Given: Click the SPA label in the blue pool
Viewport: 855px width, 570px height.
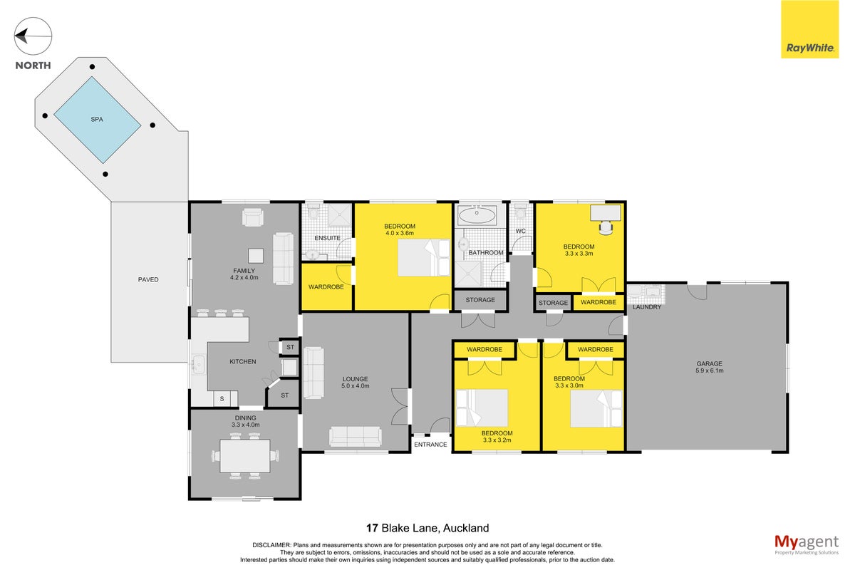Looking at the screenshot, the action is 97,120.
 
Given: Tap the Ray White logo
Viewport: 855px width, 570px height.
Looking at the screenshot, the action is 809,29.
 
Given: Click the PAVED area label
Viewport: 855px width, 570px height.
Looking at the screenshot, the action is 148,279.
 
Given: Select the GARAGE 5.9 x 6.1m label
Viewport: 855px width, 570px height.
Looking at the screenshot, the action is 709,367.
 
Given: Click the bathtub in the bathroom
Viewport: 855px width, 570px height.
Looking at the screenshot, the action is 477,216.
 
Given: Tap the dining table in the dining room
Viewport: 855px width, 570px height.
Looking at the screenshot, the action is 245,456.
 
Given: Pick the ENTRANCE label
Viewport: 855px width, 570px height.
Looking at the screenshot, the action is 430,445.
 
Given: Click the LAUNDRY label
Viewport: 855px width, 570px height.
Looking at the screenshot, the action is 647,307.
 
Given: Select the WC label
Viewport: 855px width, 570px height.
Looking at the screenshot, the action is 520,231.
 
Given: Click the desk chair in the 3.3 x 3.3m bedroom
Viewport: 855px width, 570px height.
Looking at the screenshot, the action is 606,227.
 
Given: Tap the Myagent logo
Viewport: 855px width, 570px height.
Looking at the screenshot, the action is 807,544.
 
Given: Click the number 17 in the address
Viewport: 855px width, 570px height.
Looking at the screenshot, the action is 372,528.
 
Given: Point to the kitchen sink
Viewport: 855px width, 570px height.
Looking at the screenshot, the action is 199,365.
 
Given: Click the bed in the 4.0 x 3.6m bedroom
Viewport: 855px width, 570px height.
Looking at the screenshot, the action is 424,258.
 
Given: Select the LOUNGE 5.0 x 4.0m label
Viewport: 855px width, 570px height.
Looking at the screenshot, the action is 355,382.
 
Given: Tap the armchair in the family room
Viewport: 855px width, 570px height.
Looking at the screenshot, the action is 253,217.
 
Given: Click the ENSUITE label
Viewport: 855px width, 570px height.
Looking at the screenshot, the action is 327,238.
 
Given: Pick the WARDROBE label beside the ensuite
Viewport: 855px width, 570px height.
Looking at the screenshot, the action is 326,286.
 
